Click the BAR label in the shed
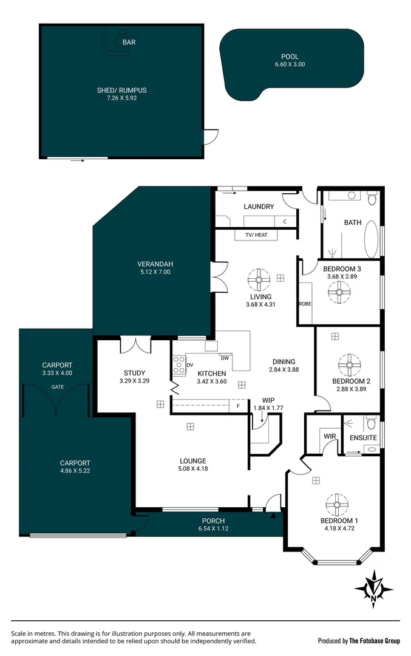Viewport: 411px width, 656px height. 129,43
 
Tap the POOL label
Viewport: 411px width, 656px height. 290,56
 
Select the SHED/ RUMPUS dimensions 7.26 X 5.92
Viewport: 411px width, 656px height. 121,98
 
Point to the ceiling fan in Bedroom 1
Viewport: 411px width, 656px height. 336,504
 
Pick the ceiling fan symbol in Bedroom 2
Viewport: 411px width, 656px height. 348,365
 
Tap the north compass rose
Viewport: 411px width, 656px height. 373,588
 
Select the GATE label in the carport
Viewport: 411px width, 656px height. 58,387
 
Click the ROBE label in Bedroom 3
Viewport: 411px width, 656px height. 305,303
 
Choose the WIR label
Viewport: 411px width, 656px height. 330,437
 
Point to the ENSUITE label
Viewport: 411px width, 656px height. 363,437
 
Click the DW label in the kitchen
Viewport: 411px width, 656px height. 225,357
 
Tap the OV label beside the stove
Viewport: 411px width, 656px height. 189,365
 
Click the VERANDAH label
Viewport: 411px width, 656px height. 155,264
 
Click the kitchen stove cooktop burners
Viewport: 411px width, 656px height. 179,364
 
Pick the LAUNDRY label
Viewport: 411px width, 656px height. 259,207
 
